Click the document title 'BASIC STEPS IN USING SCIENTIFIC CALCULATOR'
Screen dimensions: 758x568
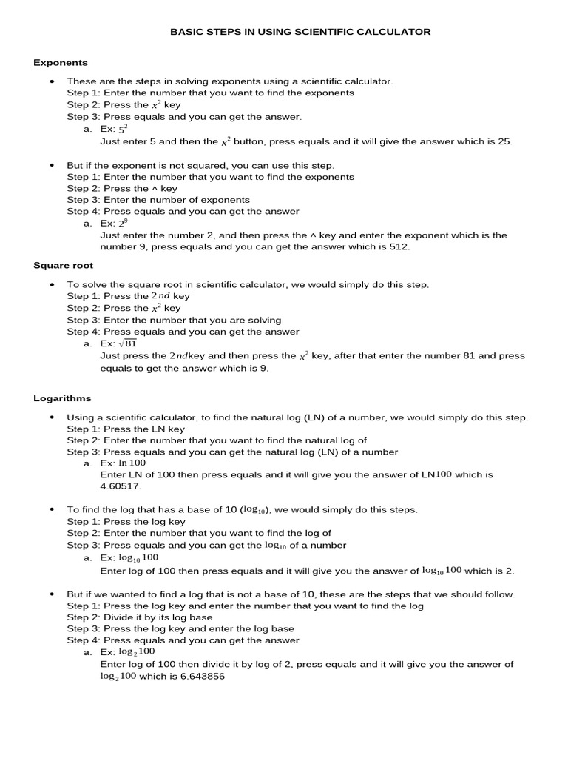click(300, 32)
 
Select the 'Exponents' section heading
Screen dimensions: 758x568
click(61, 63)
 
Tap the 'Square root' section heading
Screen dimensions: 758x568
click(63, 265)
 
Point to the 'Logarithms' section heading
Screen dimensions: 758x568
click(61, 398)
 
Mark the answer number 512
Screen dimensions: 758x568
click(399, 247)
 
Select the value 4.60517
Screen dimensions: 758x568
click(120, 486)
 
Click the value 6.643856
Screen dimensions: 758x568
click(199, 677)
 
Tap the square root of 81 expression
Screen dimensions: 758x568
click(128, 343)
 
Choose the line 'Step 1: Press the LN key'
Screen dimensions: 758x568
click(126, 429)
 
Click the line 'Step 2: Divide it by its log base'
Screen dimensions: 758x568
click(140, 617)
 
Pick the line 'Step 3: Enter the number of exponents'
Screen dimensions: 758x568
click(158, 200)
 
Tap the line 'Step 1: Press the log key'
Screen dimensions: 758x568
click(126, 522)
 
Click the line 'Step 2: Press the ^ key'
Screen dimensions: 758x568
click(122, 189)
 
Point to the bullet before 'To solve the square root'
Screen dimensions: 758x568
click(52, 285)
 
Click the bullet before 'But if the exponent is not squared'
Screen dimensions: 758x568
click(52, 166)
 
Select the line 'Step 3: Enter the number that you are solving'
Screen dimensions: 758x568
click(174, 320)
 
